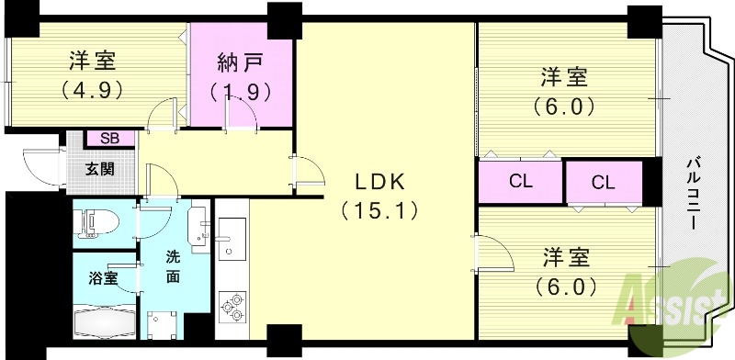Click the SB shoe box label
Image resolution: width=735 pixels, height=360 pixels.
point(109,138)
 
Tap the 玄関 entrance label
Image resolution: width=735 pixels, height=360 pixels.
point(102,169)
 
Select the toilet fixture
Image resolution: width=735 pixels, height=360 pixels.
point(96,221)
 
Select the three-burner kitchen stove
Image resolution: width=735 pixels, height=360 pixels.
point(232,307)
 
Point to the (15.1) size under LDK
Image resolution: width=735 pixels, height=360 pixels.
point(379,210)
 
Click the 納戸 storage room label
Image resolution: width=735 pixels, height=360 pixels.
point(242,64)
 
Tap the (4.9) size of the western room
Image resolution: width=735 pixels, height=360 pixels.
point(92,91)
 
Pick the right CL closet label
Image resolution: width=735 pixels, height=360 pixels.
point(603,182)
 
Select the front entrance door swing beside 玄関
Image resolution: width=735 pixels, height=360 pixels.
point(40,167)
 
